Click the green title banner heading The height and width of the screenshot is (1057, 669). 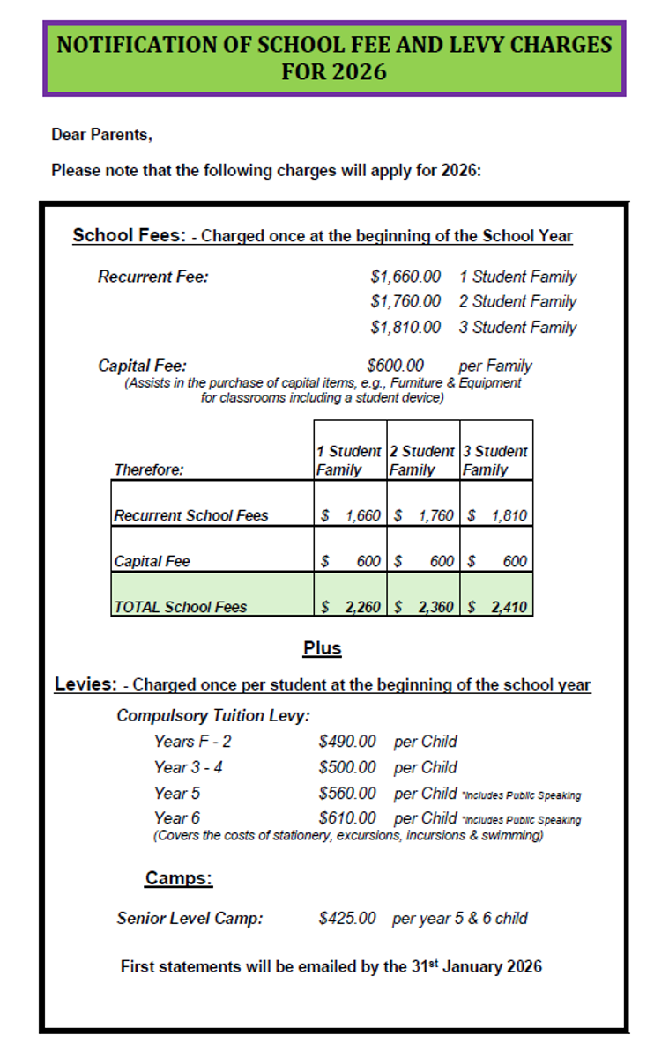pyautogui.click(x=334, y=58)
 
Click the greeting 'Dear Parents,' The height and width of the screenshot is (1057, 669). pyautogui.click(x=101, y=136)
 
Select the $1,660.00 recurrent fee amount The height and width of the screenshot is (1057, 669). pyautogui.click(x=405, y=277)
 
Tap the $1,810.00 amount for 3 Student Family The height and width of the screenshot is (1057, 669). pyautogui.click(x=405, y=328)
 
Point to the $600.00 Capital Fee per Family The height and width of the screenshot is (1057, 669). pyautogui.click(x=396, y=366)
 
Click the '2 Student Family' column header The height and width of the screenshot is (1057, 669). pyautogui.click(x=423, y=460)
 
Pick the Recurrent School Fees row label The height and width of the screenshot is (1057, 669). pyautogui.click(x=191, y=515)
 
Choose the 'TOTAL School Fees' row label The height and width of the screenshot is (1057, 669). pyautogui.click(x=181, y=607)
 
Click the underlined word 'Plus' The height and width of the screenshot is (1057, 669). pyautogui.click(x=322, y=648)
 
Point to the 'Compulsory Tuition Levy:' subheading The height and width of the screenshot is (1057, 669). pyautogui.click(x=213, y=715)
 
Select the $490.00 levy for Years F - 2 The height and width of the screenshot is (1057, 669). pyautogui.click(x=347, y=742)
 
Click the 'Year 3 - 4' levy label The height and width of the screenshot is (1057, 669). pyautogui.click(x=188, y=767)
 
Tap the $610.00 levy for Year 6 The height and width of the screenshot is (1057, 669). pyautogui.click(x=347, y=818)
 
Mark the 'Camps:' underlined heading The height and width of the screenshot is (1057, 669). pyautogui.click(x=179, y=878)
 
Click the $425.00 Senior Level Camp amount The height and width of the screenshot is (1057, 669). pyautogui.click(x=347, y=918)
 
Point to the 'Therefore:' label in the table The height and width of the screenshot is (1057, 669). pyautogui.click(x=149, y=469)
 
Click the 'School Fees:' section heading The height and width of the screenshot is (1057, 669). pyautogui.click(x=129, y=236)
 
